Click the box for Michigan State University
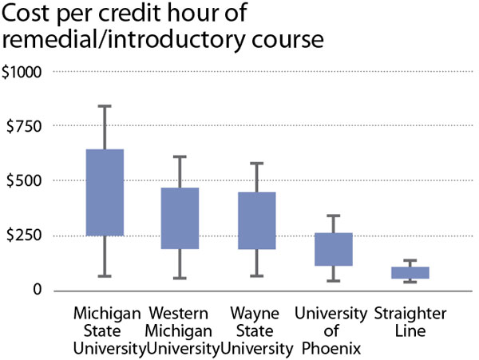(104, 192)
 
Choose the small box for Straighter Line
(410, 272)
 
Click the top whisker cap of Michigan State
(104, 106)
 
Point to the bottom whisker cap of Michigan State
(104, 276)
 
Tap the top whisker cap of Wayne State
(256, 164)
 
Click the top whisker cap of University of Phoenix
(333, 216)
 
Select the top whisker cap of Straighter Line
(410, 260)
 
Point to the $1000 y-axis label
(26, 72)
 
